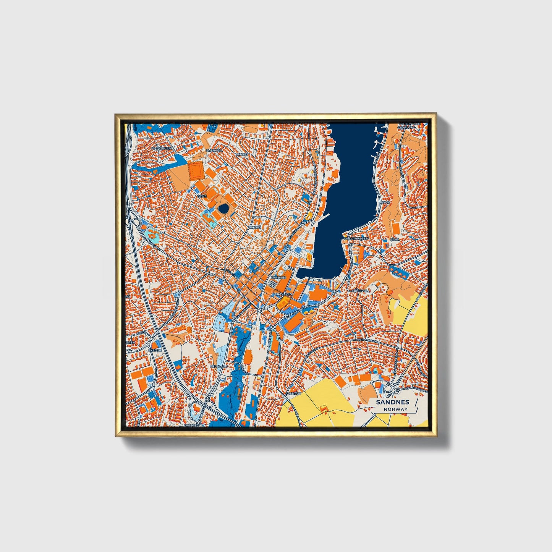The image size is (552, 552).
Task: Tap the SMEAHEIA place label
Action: (214, 151)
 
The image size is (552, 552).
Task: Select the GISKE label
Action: (201, 196)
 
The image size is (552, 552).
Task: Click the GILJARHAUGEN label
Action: (356, 238)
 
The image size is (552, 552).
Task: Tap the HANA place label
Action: (394, 239)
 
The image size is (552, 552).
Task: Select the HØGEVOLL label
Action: (361, 291)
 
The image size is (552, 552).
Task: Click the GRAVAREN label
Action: (283, 295)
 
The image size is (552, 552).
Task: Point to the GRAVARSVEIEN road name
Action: (301, 310)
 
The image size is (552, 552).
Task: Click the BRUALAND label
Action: (219, 366)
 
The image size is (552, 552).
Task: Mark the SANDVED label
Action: (191, 424)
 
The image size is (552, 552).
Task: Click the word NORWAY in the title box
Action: (396, 409)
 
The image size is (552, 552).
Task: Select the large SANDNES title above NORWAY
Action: (392, 402)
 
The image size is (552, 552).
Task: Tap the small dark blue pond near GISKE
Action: (223, 209)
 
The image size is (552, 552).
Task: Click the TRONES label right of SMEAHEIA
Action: (241, 154)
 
